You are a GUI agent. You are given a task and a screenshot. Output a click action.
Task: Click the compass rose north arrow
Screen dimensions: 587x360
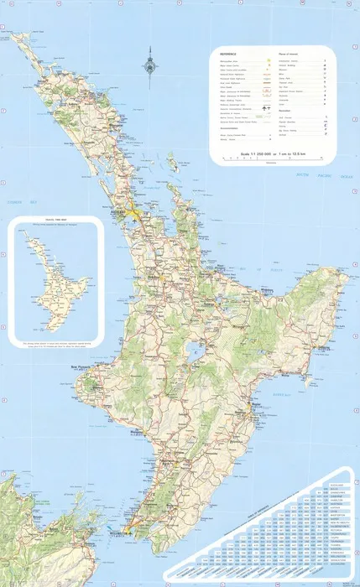pos(152,60)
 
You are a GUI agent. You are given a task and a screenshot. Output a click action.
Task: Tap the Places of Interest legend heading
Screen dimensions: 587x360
pos(287,51)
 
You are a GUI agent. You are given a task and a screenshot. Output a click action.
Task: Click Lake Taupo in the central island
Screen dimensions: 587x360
pos(195,353)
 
